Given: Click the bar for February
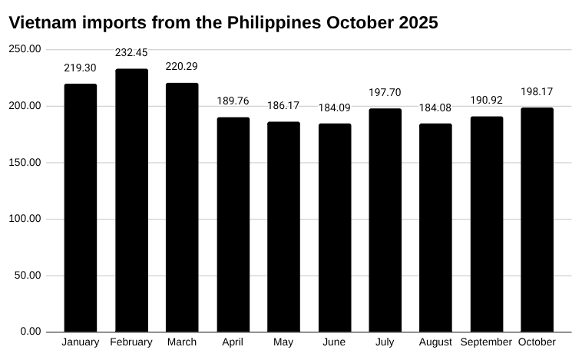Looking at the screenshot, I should coord(131,200).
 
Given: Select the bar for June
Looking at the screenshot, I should coord(334,227).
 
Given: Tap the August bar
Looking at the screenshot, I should coord(435,227).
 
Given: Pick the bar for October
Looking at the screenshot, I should coord(537,220).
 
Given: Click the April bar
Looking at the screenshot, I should coord(233,224).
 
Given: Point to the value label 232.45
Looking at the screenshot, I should coord(131,53).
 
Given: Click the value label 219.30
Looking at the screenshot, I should coord(81,68).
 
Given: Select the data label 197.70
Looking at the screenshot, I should coord(385,92).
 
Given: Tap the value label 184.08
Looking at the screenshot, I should coord(435,107).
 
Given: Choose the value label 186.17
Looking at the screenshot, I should coord(283,105).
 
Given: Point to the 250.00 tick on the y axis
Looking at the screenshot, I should coord(25,49).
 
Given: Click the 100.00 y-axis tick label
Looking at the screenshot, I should coord(25,219).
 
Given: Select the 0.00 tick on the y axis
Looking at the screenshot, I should coord(31,332).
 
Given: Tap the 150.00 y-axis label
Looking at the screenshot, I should coord(25,162).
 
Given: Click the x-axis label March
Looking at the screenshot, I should coord(182,342).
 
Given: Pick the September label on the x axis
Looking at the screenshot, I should coord(486,342).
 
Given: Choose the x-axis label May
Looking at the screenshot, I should coord(283,342).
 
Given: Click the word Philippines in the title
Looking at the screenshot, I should coord(273,23).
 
